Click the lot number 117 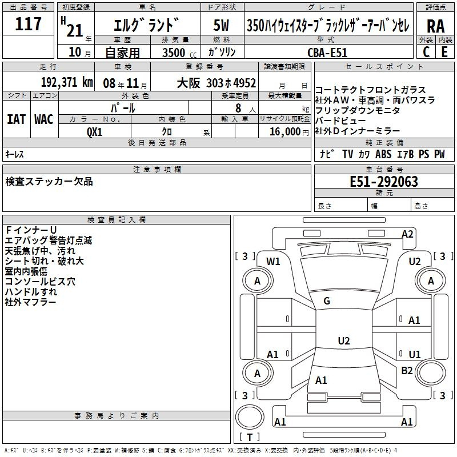pyautogui.click(x=29, y=24)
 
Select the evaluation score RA pyautogui.click(x=435, y=26)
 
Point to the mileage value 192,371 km pyautogui.click(x=67, y=82)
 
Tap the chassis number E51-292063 pyautogui.click(x=384, y=182)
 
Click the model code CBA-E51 pyautogui.click(x=326, y=52)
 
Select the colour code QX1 pyautogui.click(x=95, y=131)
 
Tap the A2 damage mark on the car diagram pyautogui.click(x=407, y=234)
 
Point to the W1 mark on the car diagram pyautogui.click(x=274, y=262)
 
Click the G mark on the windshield pyautogui.click(x=327, y=300)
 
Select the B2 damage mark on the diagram pyautogui.click(x=407, y=371)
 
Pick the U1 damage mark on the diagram pyautogui.click(x=415, y=354)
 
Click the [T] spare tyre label pyautogui.click(x=250, y=438)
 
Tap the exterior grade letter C pyautogui.click(x=426, y=51)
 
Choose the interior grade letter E pyautogui.click(x=444, y=51)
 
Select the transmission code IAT pyautogui.click(x=16, y=119)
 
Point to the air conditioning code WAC pyautogui.click(x=43, y=119)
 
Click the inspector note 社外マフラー pyautogui.click(x=31, y=302)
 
